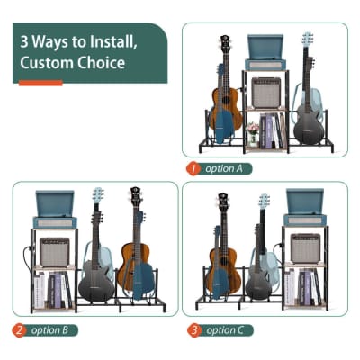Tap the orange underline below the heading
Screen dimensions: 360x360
pos(40,83)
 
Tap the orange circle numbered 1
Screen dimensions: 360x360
pos(192,168)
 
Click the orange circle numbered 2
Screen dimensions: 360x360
pos(19,330)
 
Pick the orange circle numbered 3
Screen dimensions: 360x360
pos(193,330)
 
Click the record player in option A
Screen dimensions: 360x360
pos(265,49)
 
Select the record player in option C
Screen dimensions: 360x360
pos(304,207)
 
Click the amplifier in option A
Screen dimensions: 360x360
pos(265,92)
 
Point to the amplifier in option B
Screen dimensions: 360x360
pos(55,251)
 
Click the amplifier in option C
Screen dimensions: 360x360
pos(304,247)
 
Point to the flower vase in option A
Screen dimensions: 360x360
pos(254,138)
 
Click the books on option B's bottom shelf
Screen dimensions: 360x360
pos(56,290)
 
